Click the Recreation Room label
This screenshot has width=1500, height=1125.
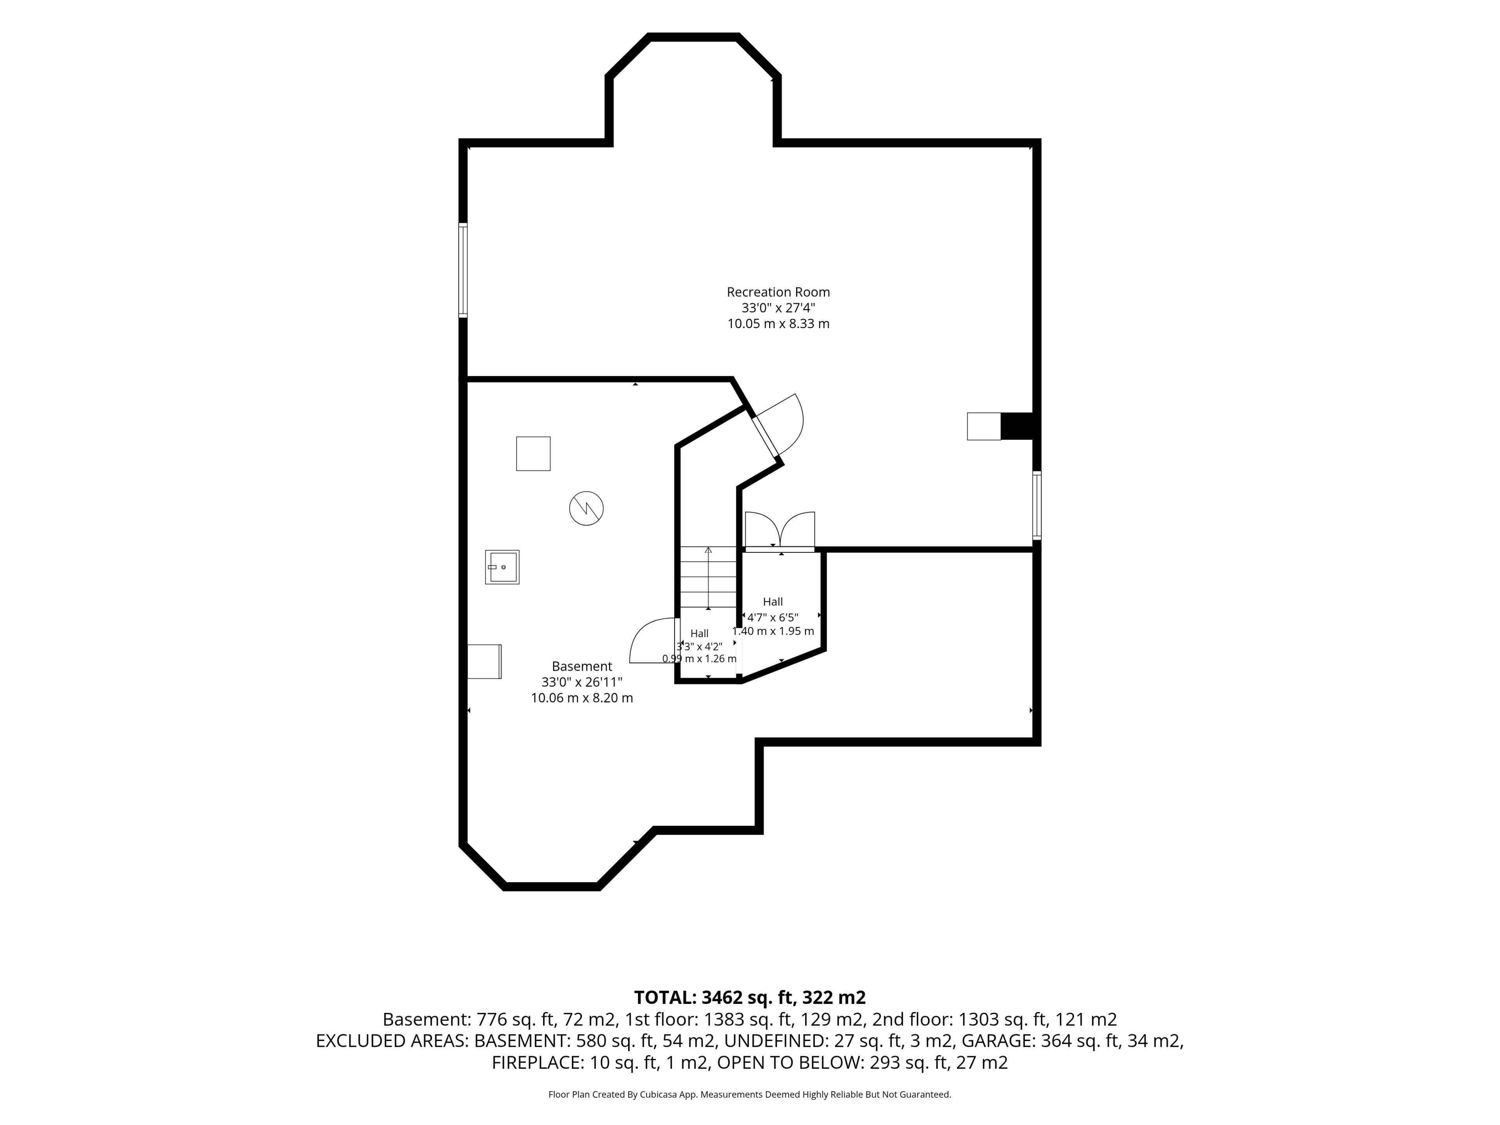[778, 292]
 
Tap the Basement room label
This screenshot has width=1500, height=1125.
[582, 666]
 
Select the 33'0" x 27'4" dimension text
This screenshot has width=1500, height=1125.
[778, 308]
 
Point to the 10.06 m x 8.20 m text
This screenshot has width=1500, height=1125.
[582, 698]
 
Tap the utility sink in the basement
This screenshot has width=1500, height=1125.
[502, 567]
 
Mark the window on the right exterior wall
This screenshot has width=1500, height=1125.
[1037, 505]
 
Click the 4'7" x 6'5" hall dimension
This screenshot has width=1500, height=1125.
[773, 618]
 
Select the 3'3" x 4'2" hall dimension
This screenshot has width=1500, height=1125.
[699, 647]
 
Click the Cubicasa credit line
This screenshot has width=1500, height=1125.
[750, 1095]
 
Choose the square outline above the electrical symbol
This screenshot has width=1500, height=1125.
[533, 454]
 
